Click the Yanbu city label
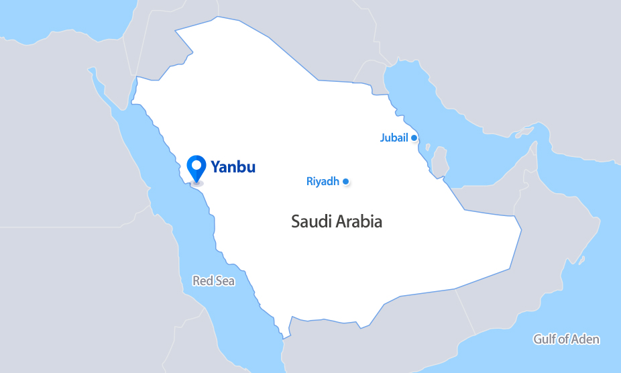point(233,166)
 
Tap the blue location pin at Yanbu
point(196,168)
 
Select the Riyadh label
point(323,181)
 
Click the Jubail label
point(394,138)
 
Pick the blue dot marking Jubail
point(414,138)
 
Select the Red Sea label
point(213,281)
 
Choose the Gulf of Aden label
point(566,339)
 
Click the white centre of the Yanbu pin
point(196,164)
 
